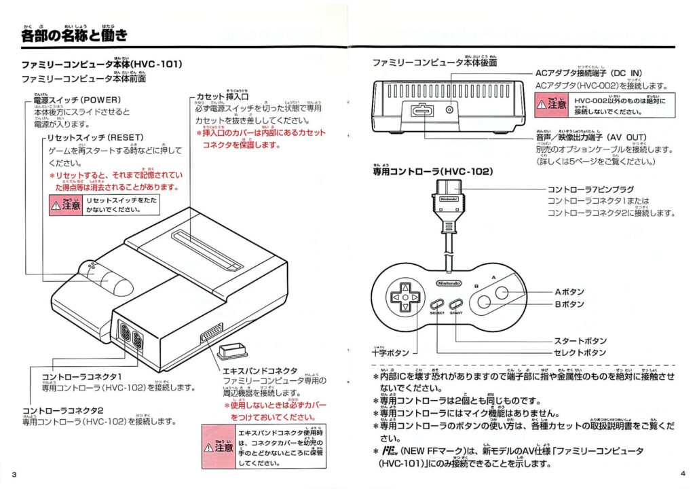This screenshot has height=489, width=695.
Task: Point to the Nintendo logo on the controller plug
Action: (447, 200)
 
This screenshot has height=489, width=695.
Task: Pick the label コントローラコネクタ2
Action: (62, 411)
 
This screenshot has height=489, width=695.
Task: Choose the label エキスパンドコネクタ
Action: (260, 371)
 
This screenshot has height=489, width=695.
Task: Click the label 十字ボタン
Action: (391, 352)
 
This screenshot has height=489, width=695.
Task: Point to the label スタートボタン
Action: (580, 341)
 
